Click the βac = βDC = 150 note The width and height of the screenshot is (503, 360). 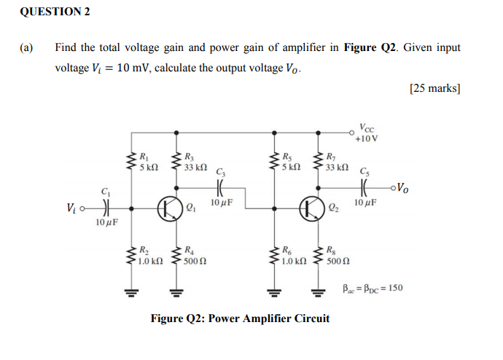pos(373,288)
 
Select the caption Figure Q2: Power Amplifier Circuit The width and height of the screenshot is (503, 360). pos(240,318)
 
